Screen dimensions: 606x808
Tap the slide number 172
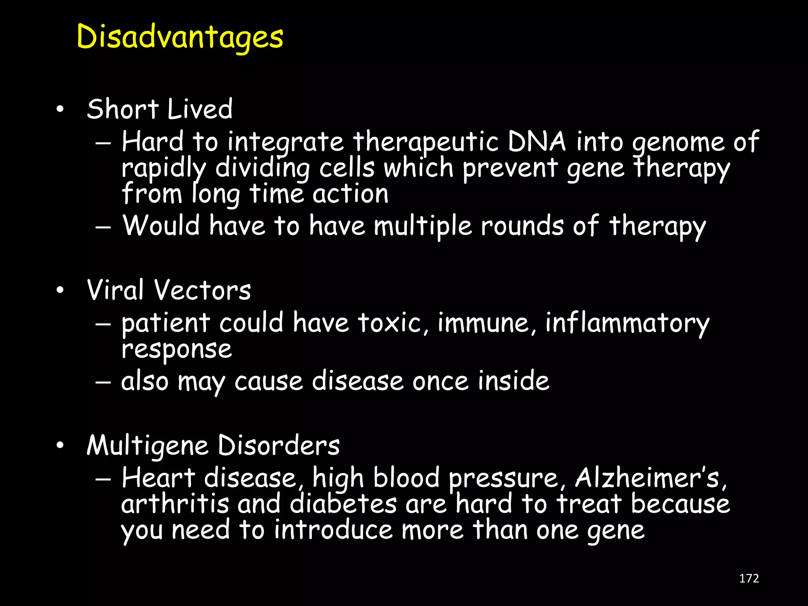tap(749, 578)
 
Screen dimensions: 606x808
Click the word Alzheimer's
tap(647, 478)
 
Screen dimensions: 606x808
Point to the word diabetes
tap(343, 504)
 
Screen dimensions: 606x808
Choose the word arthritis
tap(175, 504)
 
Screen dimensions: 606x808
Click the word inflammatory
tap(627, 324)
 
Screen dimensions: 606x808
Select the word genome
tap(679, 142)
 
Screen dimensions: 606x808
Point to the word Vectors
tap(202, 290)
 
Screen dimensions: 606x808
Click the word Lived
tap(200, 109)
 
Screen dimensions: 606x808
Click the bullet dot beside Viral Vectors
tap(60, 291)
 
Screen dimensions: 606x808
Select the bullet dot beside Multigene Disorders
tap(60, 446)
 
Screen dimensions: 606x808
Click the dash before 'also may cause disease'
tap(103, 382)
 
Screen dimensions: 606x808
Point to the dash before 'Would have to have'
tap(103, 227)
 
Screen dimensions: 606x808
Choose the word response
tap(176, 350)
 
